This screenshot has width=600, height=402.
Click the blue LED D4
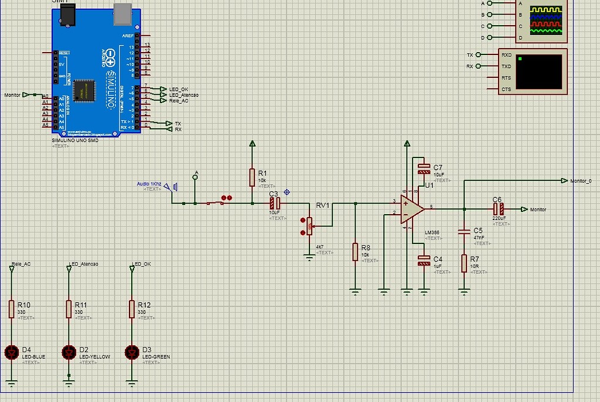tap(11, 352)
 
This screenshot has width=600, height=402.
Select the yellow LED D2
tap(69, 352)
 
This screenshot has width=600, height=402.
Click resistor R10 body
tap(11, 309)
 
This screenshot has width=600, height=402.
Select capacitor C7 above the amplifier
tap(423, 170)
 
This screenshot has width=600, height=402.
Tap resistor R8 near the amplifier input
tap(354, 252)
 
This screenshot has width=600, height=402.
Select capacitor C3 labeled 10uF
tap(274, 203)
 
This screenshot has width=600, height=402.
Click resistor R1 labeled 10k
tap(253, 177)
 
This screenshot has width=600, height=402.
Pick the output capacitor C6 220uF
tap(497, 209)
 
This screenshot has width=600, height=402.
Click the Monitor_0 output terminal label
tap(581, 181)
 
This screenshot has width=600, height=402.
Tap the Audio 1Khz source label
tap(149, 184)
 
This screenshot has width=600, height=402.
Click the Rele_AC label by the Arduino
tap(179, 101)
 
